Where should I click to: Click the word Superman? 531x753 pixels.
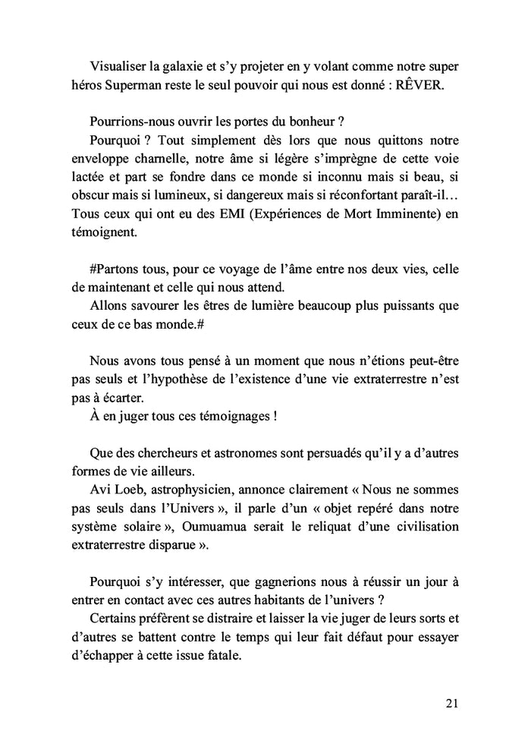127,85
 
